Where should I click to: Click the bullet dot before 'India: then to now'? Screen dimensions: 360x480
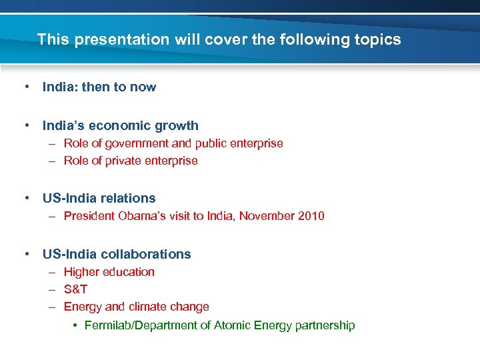[x=27, y=87]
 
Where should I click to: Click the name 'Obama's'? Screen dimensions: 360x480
[x=141, y=216]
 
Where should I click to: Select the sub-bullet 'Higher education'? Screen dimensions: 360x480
[x=109, y=272]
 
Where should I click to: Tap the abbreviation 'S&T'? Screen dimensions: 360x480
[x=75, y=289]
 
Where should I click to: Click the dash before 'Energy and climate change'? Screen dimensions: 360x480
[x=52, y=307]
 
